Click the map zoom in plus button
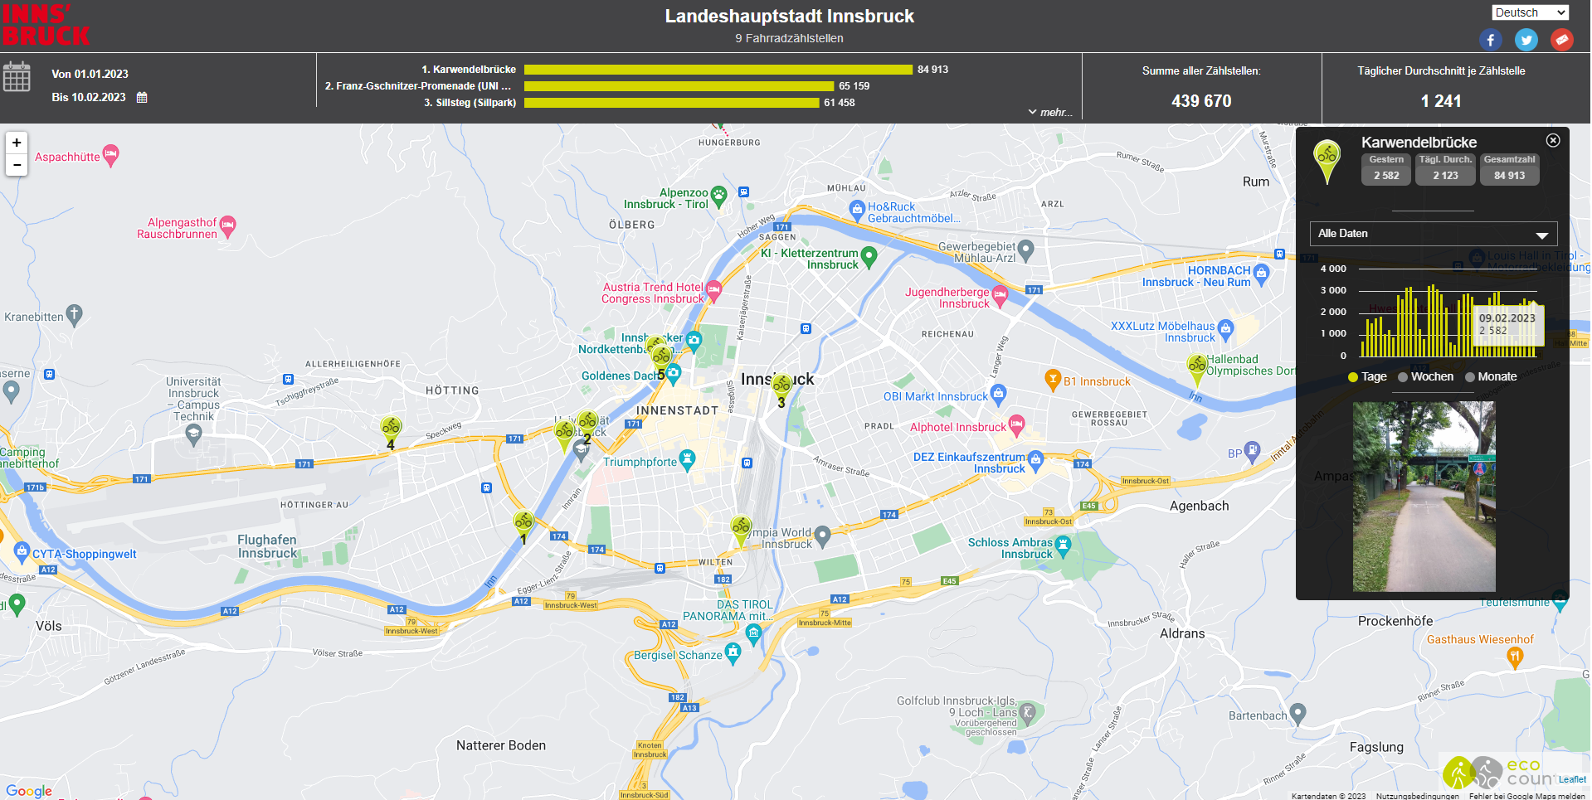[17, 143]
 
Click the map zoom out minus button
[17, 165]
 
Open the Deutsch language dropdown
[1530, 12]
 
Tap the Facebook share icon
[1490, 40]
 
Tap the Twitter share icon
[1526, 40]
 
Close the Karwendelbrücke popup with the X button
[1553, 141]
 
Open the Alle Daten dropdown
[1433, 234]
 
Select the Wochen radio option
[1403, 377]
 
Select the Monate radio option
[1470, 377]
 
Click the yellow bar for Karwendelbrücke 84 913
[718, 70]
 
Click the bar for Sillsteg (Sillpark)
[671, 103]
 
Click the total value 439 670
[1201, 101]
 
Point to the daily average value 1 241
[1441, 101]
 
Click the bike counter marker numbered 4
[391, 429]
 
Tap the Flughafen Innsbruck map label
[267, 546]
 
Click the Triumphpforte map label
[640, 462]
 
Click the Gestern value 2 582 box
[1385, 176]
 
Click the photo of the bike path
[1424, 496]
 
